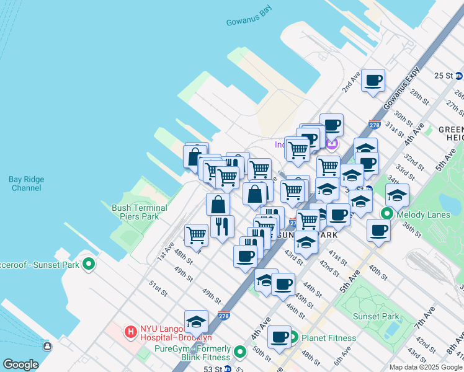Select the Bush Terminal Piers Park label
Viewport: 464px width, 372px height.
point(139,212)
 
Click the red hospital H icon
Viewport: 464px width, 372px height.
point(131,332)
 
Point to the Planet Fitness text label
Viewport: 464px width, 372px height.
point(329,338)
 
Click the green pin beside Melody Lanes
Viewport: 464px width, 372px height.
point(388,215)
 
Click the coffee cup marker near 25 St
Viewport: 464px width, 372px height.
point(373,81)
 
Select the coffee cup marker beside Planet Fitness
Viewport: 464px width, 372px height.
point(279,338)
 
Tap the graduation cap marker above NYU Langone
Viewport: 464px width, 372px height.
point(196,322)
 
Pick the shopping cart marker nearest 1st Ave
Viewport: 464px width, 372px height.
point(196,235)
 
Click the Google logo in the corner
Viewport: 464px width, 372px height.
point(20,365)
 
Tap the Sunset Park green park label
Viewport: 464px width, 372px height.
point(376,316)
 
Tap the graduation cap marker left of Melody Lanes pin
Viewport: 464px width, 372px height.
point(360,201)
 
